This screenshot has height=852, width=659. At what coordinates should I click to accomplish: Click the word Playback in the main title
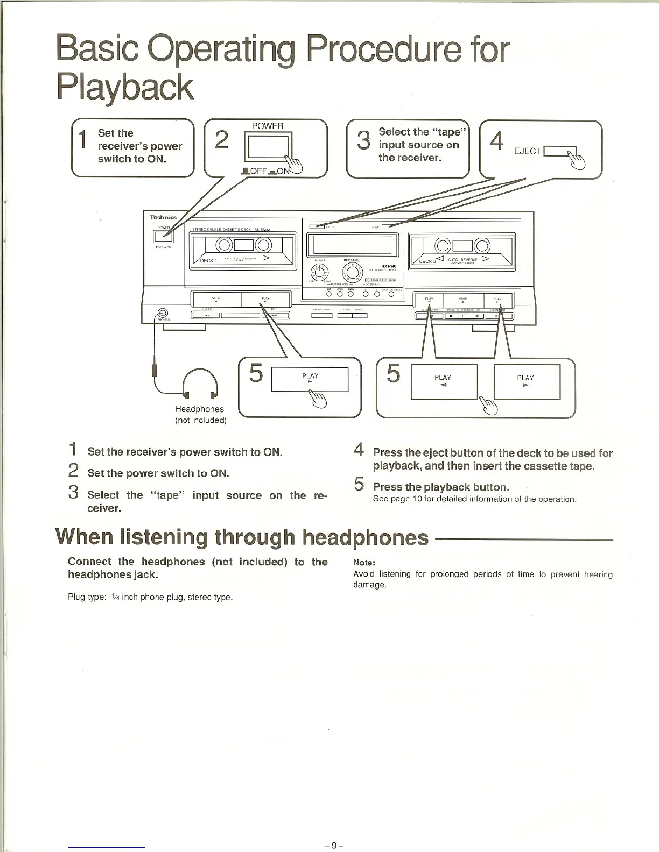(125, 87)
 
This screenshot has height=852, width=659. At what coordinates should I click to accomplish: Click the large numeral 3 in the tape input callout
(364, 140)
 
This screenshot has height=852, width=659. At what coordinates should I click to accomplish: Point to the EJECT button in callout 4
(560, 151)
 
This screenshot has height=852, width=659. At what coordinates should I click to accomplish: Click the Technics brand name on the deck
(163, 217)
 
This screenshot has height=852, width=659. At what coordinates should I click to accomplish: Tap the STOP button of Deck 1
(216, 299)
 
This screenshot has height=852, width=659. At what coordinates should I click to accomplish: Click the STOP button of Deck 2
(463, 300)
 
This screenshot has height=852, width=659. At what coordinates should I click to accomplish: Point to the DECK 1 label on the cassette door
(208, 260)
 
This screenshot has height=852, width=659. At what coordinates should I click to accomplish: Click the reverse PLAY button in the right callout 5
(444, 381)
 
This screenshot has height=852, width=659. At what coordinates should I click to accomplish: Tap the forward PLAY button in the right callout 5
(526, 381)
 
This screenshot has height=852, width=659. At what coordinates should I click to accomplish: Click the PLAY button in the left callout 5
(310, 379)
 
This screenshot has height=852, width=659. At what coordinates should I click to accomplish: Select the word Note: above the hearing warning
(364, 563)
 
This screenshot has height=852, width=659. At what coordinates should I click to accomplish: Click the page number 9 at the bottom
(334, 845)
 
